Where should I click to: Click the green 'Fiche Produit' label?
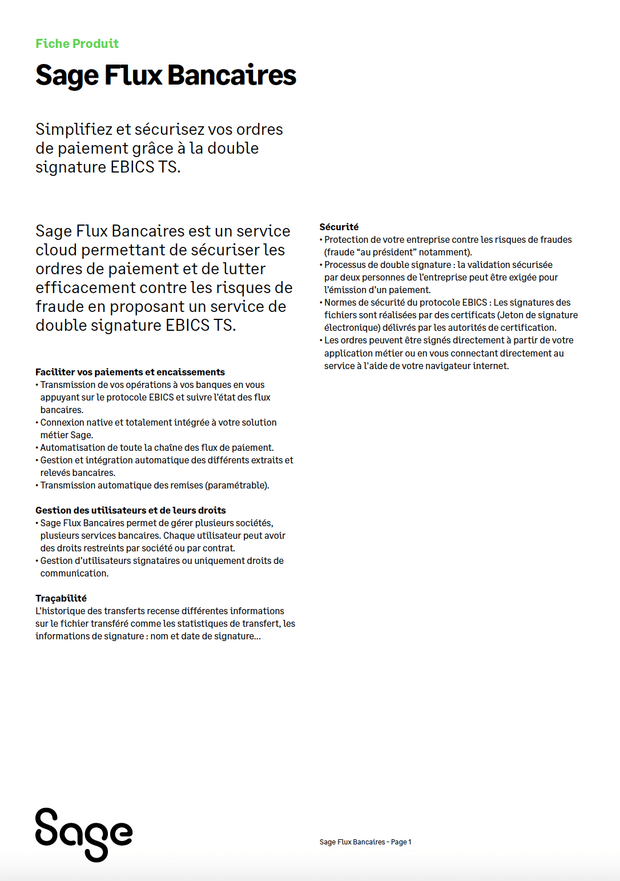point(77,43)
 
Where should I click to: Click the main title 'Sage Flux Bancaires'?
point(166,75)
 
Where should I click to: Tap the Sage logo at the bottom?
point(84,835)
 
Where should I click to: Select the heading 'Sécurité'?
point(339,227)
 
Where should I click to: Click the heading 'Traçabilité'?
point(61,598)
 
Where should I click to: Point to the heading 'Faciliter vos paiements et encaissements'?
point(130,372)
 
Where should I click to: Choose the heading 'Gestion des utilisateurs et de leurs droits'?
point(131,510)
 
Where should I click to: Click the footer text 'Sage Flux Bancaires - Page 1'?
point(365,842)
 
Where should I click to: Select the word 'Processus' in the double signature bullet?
point(346,265)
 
